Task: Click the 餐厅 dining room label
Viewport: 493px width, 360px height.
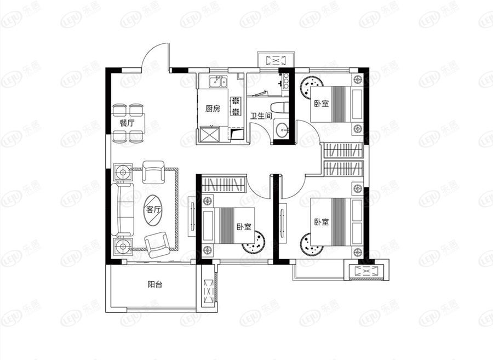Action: [x=127, y=123]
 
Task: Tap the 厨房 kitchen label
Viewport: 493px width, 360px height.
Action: [x=213, y=109]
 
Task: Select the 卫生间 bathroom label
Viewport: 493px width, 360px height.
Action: [x=261, y=116]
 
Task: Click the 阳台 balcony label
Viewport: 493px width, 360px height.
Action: [x=154, y=285]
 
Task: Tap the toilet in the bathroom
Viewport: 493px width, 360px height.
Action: [x=278, y=107]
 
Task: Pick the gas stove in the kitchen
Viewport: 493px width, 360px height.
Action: [x=236, y=106]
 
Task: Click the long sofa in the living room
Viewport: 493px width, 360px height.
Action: [x=122, y=210]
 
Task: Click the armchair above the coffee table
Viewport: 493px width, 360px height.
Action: [x=153, y=172]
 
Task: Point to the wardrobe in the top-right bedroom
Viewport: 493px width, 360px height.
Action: [x=343, y=150]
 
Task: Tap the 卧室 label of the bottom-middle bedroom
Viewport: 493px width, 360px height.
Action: [x=244, y=226]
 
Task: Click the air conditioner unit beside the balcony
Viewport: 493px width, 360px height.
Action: [x=208, y=291]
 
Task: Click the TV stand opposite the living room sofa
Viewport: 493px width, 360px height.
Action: [x=192, y=216]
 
